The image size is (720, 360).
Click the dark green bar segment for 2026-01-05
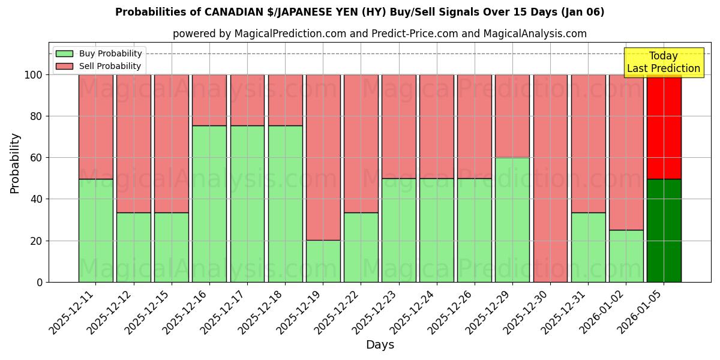[x=664, y=230]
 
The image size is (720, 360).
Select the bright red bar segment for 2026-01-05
[x=664, y=127]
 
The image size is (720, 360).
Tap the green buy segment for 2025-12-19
[x=323, y=261]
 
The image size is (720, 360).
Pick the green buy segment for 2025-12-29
[x=512, y=220]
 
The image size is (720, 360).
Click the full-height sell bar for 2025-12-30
[x=550, y=178]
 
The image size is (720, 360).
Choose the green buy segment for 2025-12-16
[x=209, y=204]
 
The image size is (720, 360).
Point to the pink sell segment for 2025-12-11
[x=96, y=127]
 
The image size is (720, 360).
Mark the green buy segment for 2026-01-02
[x=626, y=256]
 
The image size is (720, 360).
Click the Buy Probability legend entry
[x=99, y=53]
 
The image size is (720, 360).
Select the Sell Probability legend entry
[x=99, y=66]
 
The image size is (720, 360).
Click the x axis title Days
[x=380, y=345]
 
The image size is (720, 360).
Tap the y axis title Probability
[x=15, y=163]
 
